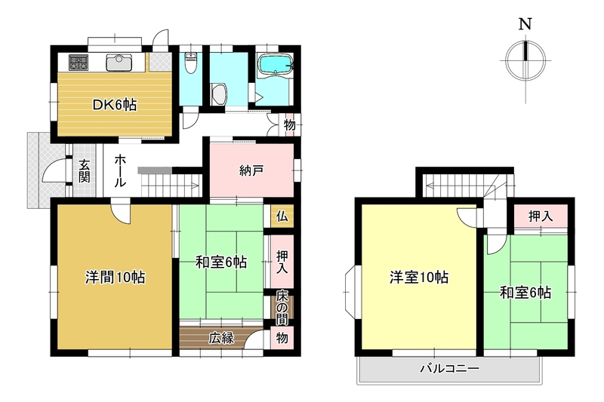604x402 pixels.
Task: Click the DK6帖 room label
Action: click(x=115, y=105)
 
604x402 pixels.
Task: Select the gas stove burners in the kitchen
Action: click(x=79, y=63)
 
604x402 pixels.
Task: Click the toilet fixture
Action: click(x=191, y=63)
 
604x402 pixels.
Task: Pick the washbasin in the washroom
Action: click(x=219, y=94)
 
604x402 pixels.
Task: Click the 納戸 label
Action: click(x=251, y=170)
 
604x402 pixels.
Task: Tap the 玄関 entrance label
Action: click(x=85, y=170)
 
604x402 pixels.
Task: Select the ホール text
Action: click(x=120, y=170)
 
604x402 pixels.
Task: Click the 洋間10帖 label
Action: click(x=116, y=277)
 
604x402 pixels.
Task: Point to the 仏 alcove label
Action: click(x=282, y=216)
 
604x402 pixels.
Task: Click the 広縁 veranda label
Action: click(x=221, y=338)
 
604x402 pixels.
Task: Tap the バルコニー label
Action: click(x=449, y=369)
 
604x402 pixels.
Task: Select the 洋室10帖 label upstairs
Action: click(x=419, y=277)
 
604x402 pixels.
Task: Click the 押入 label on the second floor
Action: click(x=541, y=216)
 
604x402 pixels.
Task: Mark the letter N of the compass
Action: click(x=525, y=24)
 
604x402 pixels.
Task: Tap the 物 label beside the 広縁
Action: click(x=282, y=338)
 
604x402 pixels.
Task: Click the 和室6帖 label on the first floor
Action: click(x=221, y=262)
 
